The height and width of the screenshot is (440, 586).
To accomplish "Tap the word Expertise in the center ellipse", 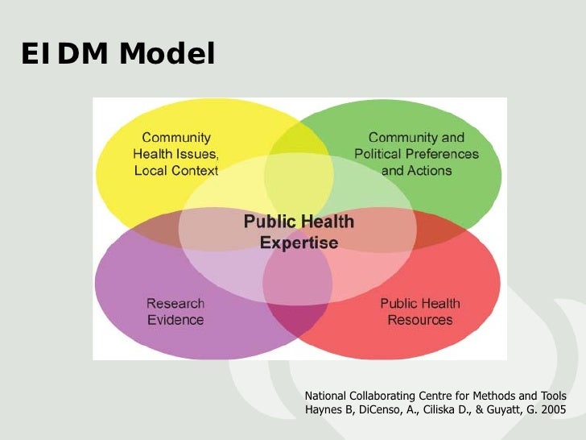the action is [299, 242].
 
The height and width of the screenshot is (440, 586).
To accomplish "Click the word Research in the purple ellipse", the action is [175, 304].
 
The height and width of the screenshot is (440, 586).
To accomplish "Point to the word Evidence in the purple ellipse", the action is [175, 320].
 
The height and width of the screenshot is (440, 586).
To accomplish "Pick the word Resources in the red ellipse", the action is [420, 320].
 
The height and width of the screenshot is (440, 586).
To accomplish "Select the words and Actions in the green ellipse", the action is [416, 170].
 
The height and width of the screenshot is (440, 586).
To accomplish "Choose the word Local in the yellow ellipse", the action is [151, 170].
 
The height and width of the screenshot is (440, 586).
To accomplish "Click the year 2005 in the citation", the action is [552, 410].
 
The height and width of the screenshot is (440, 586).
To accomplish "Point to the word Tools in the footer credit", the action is [552, 396].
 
